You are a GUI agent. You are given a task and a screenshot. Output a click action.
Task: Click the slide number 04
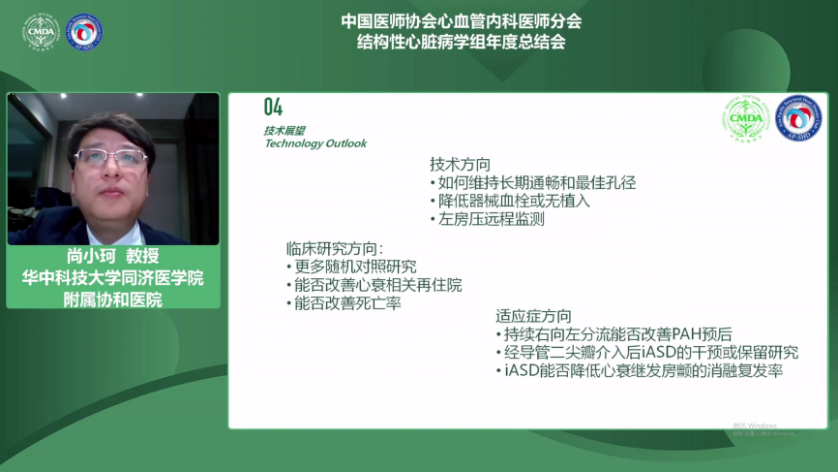tap(273, 107)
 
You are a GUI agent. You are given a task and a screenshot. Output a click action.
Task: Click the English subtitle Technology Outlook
tap(315, 143)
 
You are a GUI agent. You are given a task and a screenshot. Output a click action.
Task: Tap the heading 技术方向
tap(461, 165)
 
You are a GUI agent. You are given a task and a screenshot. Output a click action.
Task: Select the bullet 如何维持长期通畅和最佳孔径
tap(533, 183)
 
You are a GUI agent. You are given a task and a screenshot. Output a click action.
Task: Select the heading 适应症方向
tap(533, 316)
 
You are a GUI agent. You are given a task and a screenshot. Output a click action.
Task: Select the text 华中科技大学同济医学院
tap(113, 278)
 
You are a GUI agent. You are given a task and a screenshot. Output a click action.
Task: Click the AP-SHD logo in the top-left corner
tap(83, 32)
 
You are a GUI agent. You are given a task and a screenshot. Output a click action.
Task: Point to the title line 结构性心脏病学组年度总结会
tap(461, 42)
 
